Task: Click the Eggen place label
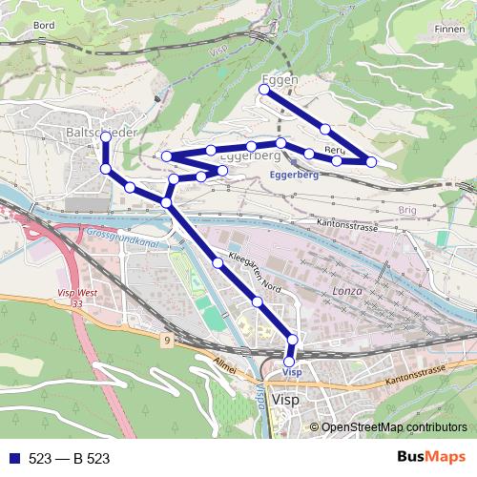pyautogui.click(x=279, y=79)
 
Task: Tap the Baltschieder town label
pyautogui.click(x=104, y=130)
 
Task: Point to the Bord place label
pyautogui.click(x=44, y=26)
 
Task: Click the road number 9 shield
pyautogui.click(x=167, y=340)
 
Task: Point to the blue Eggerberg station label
pyautogui.click(x=294, y=176)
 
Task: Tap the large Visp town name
pyautogui.click(x=286, y=401)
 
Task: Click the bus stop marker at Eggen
pyautogui.click(x=264, y=90)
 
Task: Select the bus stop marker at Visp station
pyautogui.click(x=289, y=362)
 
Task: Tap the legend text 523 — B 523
pyautogui.click(x=69, y=459)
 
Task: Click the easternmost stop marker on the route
pyautogui.click(x=371, y=162)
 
